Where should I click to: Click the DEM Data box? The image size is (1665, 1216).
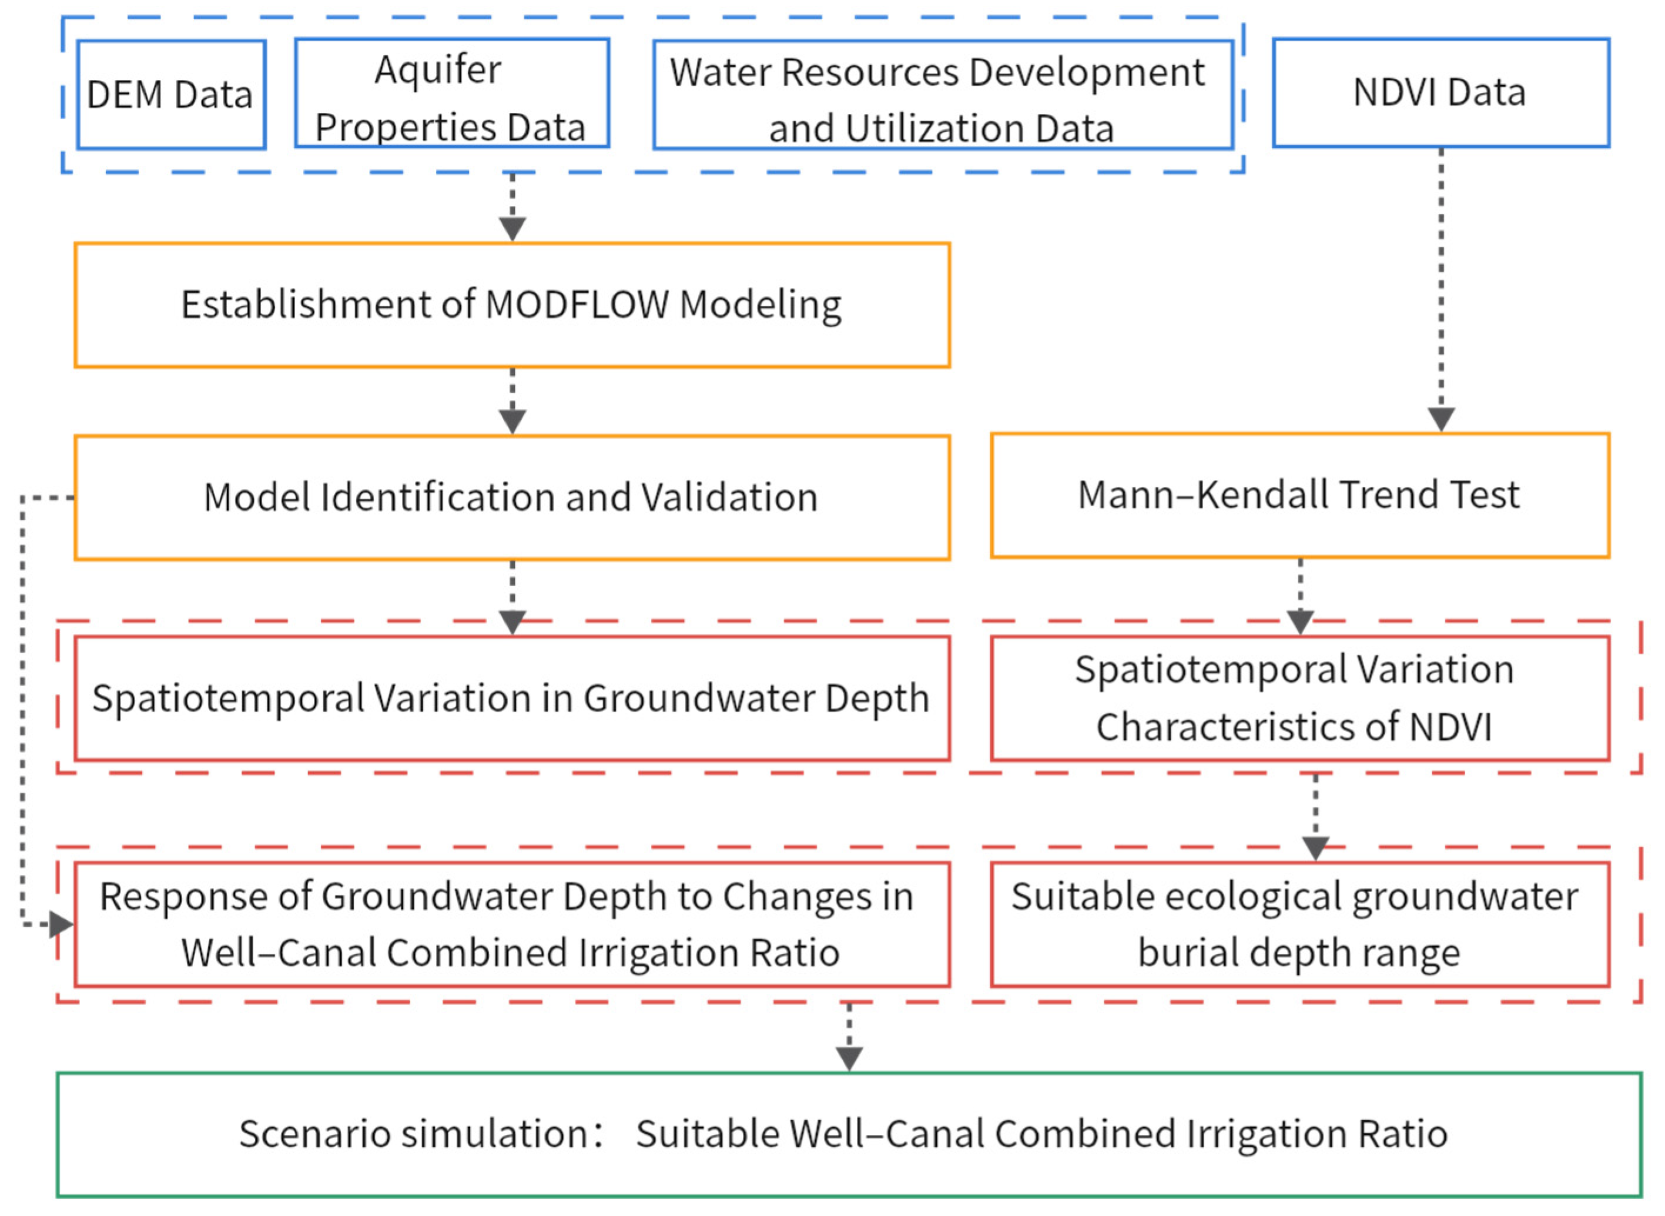pyautogui.click(x=170, y=94)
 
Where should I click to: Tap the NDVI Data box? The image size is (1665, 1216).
pyautogui.click(x=1439, y=93)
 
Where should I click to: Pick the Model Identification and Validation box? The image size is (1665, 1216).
pyautogui.click(x=511, y=497)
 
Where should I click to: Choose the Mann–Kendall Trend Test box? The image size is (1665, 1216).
pyautogui.click(x=1299, y=495)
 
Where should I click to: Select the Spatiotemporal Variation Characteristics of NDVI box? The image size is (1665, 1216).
pyautogui.click(x=1299, y=698)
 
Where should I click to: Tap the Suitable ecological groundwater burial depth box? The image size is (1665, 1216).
pyautogui.click(x=1299, y=924)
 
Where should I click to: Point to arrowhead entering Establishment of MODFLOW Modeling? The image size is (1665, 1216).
pyautogui.click(x=512, y=229)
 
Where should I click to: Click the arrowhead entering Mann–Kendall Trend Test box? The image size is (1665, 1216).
pyautogui.click(x=1440, y=420)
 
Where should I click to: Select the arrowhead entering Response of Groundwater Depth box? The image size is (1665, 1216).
pyautogui.click(x=62, y=924)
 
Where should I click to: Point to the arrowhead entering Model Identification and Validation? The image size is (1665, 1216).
pyautogui.click(x=512, y=422)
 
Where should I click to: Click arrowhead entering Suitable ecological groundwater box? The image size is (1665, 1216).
pyautogui.click(x=1315, y=848)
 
